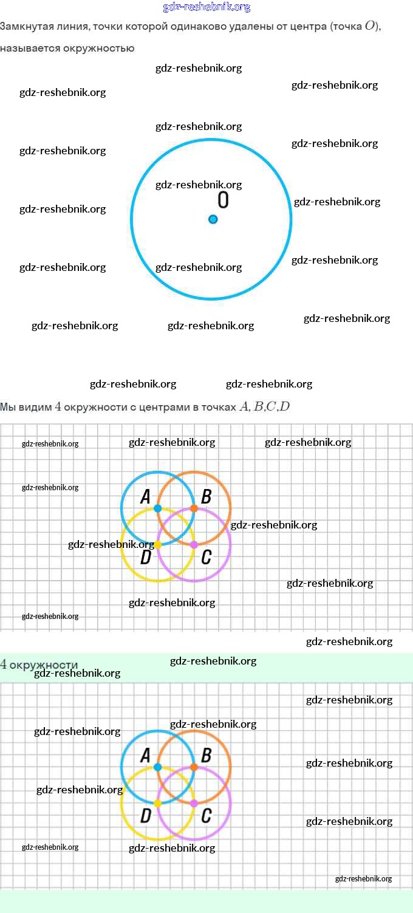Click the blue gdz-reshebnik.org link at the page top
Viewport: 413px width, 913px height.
206,7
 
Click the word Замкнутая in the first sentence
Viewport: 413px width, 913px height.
25,27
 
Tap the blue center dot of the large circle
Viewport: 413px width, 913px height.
213,219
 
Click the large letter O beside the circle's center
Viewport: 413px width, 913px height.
223,200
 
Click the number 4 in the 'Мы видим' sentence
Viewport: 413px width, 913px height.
58,407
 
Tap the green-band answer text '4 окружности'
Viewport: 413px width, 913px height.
39,665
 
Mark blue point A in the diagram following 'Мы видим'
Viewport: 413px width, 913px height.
158,508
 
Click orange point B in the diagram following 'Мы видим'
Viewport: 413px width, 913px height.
194,508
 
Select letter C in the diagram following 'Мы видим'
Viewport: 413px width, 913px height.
206,556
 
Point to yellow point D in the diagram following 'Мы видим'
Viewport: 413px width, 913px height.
158,545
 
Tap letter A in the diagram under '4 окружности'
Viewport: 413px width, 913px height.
145,756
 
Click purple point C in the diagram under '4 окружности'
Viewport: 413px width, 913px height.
194,803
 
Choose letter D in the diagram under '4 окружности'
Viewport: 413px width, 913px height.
145,816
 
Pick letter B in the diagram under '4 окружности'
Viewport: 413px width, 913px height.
206,756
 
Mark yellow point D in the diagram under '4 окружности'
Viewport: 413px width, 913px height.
158,803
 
